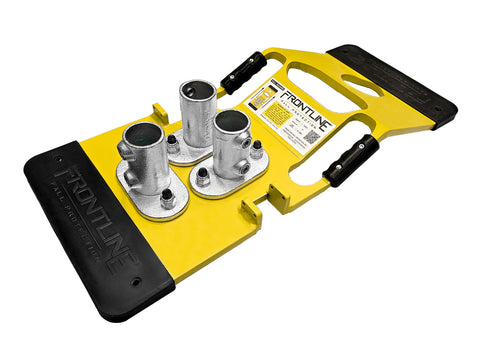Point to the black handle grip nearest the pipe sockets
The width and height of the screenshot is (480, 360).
pyautogui.click(x=245, y=73)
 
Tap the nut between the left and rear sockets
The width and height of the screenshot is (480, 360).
pyautogui.click(x=172, y=146)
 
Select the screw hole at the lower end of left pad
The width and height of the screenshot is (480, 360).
pyautogui.click(x=134, y=283)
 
